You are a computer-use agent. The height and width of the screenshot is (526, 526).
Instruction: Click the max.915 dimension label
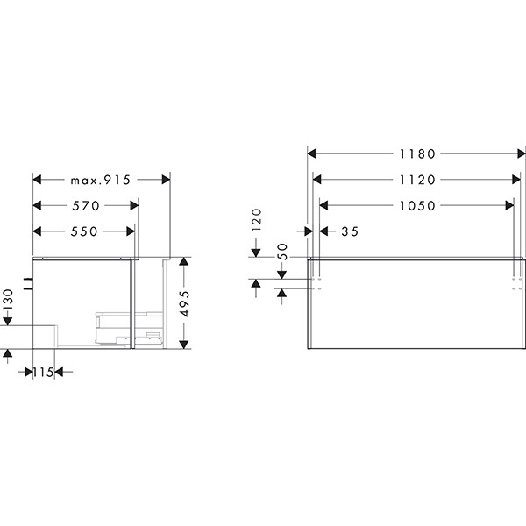click(x=100, y=180)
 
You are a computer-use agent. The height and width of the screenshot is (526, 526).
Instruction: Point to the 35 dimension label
click(x=350, y=231)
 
